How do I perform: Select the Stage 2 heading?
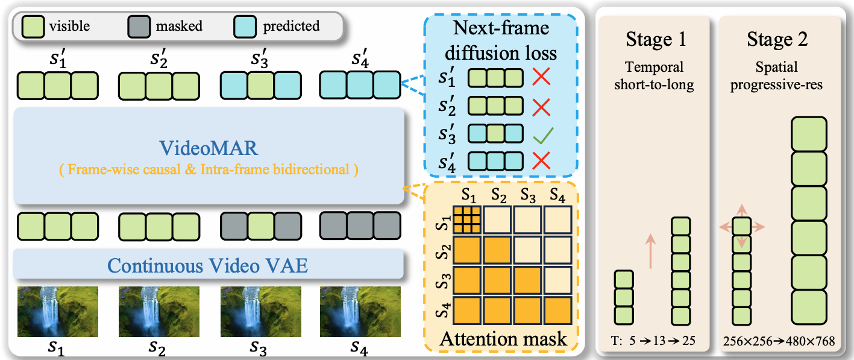(777, 40)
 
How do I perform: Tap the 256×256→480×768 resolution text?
(777, 341)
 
